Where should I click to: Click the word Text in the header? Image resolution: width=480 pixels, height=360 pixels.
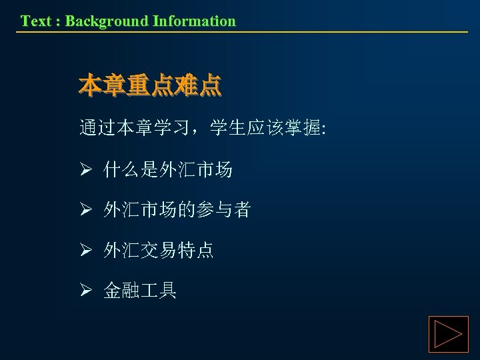coord(34,21)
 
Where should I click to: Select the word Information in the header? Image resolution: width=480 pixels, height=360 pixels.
coord(194,21)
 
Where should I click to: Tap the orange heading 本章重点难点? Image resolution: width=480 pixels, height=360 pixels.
coord(149,85)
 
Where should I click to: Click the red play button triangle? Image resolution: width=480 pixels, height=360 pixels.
coord(448,335)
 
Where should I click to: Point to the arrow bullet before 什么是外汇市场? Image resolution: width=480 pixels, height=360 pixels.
coord(85,171)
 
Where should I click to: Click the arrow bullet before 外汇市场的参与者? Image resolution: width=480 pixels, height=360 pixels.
coord(85,211)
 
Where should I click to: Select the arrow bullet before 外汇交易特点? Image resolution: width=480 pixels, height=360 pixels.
coord(85,251)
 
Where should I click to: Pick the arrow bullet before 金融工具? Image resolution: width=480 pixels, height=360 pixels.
coord(85,291)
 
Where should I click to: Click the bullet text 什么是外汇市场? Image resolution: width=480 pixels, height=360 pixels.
coord(167,171)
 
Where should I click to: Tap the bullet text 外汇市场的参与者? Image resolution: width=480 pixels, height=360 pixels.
coord(177,211)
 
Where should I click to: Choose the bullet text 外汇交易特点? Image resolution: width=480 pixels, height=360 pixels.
coord(158,251)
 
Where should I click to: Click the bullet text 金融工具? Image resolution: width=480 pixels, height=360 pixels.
coord(139,291)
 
